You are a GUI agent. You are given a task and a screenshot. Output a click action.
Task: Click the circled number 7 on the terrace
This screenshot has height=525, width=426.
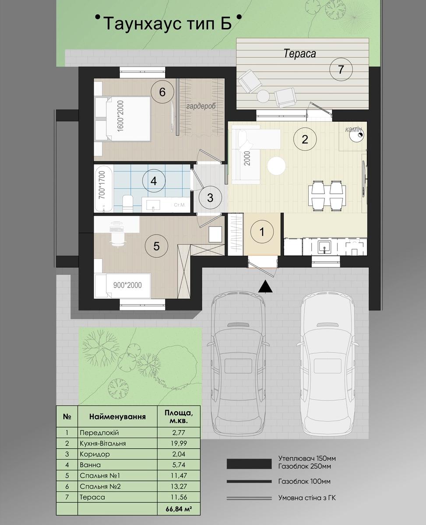341,69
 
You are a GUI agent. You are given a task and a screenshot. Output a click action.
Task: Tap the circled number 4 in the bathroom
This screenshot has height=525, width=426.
154,181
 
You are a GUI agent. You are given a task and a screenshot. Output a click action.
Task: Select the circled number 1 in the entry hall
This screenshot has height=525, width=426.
262,232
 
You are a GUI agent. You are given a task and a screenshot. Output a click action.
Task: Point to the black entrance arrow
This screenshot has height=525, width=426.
265,286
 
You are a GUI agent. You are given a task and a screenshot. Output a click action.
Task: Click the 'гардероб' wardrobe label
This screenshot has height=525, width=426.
201,106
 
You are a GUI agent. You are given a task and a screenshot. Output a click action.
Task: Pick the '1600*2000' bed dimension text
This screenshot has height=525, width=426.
121,116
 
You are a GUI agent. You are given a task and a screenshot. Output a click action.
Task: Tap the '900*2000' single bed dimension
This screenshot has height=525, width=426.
127,285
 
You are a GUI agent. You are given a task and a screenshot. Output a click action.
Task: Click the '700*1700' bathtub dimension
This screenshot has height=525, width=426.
102,185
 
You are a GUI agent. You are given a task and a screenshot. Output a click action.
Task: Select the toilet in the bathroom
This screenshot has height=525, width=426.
127,203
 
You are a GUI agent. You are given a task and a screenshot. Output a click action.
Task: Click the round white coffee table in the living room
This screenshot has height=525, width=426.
277,166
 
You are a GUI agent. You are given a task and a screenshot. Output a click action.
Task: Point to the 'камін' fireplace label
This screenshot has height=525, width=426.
353,129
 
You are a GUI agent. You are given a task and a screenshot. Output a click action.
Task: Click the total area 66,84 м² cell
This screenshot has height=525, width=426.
179,508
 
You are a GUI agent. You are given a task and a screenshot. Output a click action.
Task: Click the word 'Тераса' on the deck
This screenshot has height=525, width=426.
300,53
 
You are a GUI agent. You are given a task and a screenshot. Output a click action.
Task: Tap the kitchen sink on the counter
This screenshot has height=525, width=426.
324,247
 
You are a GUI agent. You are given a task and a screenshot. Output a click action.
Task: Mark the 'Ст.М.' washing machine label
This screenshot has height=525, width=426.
180,205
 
